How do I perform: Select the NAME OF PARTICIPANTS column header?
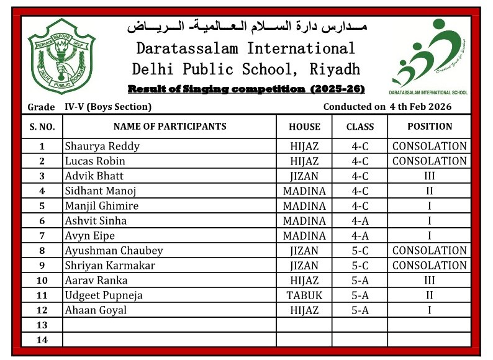pyautogui.click(x=170, y=127)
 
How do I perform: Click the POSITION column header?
pyautogui.click(x=429, y=127)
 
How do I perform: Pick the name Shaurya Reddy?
pyautogui.click(x=102, y=147)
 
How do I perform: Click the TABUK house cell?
pyautogui.click(x=304, y=295)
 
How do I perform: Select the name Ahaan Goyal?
pyautogui.click(x=96, y=310)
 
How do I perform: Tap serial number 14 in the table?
pyautogui.click(x=42, y=340)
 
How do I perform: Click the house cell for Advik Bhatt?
pyautogui.click(x=304, y=176)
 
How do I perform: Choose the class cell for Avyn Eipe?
pyautogui.click(x=360, y=236)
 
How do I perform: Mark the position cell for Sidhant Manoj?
pyautogui.click(x=429, y=191)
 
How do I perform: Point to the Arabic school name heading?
pyautogui.click(x=246, y=27)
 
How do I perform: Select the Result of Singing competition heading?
pyautogui.click(x=246, y=89)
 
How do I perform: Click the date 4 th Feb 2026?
pyautogui.click(x=420, y=107)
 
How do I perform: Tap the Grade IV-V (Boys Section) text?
pyautogui.click(x=89, y=107)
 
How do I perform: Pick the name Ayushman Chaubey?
pyautogui.click(x=114, y=251)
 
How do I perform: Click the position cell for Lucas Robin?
pyautogui.click(x=429, y=161)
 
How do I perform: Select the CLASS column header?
pyautogui.click(x=360, y=127)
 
